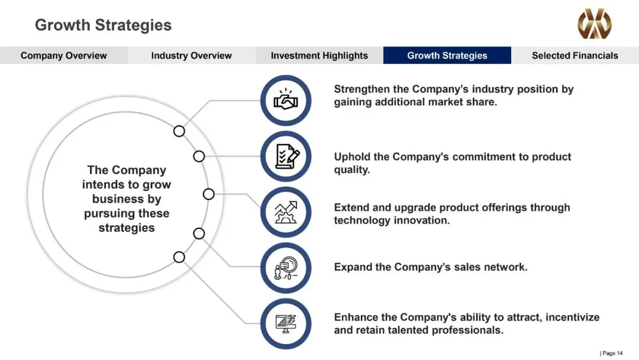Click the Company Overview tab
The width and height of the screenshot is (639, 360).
tap(63, 56)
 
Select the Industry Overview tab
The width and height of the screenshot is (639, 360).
tap(192, 56)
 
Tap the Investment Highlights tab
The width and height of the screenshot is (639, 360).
tap(319, 56)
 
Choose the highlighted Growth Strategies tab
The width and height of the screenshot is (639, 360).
tap(447, 56)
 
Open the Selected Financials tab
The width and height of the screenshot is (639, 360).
tap(575, 56)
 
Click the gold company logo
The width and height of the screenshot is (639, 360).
tap(595, 24)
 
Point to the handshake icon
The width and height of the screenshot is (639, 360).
tap(286, 100)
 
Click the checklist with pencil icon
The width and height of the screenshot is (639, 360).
tap(286, 156)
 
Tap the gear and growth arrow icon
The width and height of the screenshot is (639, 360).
tap(286, 212)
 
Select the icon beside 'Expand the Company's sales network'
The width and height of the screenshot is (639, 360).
tap(286, 268)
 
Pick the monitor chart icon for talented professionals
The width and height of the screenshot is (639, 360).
tap(286, 324)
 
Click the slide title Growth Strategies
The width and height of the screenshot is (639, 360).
tap(103, 25)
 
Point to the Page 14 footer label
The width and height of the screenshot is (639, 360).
tap(611, 353)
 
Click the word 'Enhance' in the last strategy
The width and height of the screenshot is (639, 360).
tap(356, 317)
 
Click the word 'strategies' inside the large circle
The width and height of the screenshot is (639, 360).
tap(127, 228)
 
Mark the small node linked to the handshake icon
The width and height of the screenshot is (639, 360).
tap(179, 131)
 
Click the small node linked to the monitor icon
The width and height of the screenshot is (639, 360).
tap(179, 257)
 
